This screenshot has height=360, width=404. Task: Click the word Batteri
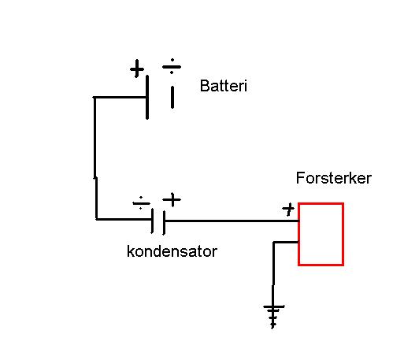pos(224,86)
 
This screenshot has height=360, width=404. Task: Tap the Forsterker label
pos(334,178)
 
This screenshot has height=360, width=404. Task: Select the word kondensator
pos(172,251)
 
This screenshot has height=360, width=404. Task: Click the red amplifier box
pos(298,234)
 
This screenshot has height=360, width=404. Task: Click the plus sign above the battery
pos(137,69)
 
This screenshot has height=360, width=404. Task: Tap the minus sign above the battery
pos(172,66)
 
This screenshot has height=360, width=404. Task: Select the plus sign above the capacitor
pos(172,199)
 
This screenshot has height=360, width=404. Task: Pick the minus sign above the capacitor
pos(141,203)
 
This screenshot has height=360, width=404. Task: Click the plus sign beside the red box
pos(288,210)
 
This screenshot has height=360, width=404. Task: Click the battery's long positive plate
pos(147,97)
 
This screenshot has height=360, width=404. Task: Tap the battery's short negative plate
pos(172,98)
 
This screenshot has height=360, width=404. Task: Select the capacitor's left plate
pos(152,221)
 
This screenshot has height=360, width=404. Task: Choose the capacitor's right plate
pos(164,222)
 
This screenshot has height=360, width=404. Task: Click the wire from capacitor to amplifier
pos(232,221)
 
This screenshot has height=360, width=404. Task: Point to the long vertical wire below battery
pos(95,158)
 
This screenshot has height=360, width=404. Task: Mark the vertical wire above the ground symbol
pos(273,273)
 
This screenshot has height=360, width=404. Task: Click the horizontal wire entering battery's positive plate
pos(120,98)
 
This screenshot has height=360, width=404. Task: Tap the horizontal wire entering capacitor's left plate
pos(124,219)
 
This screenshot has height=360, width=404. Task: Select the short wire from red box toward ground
pos(286,242)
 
